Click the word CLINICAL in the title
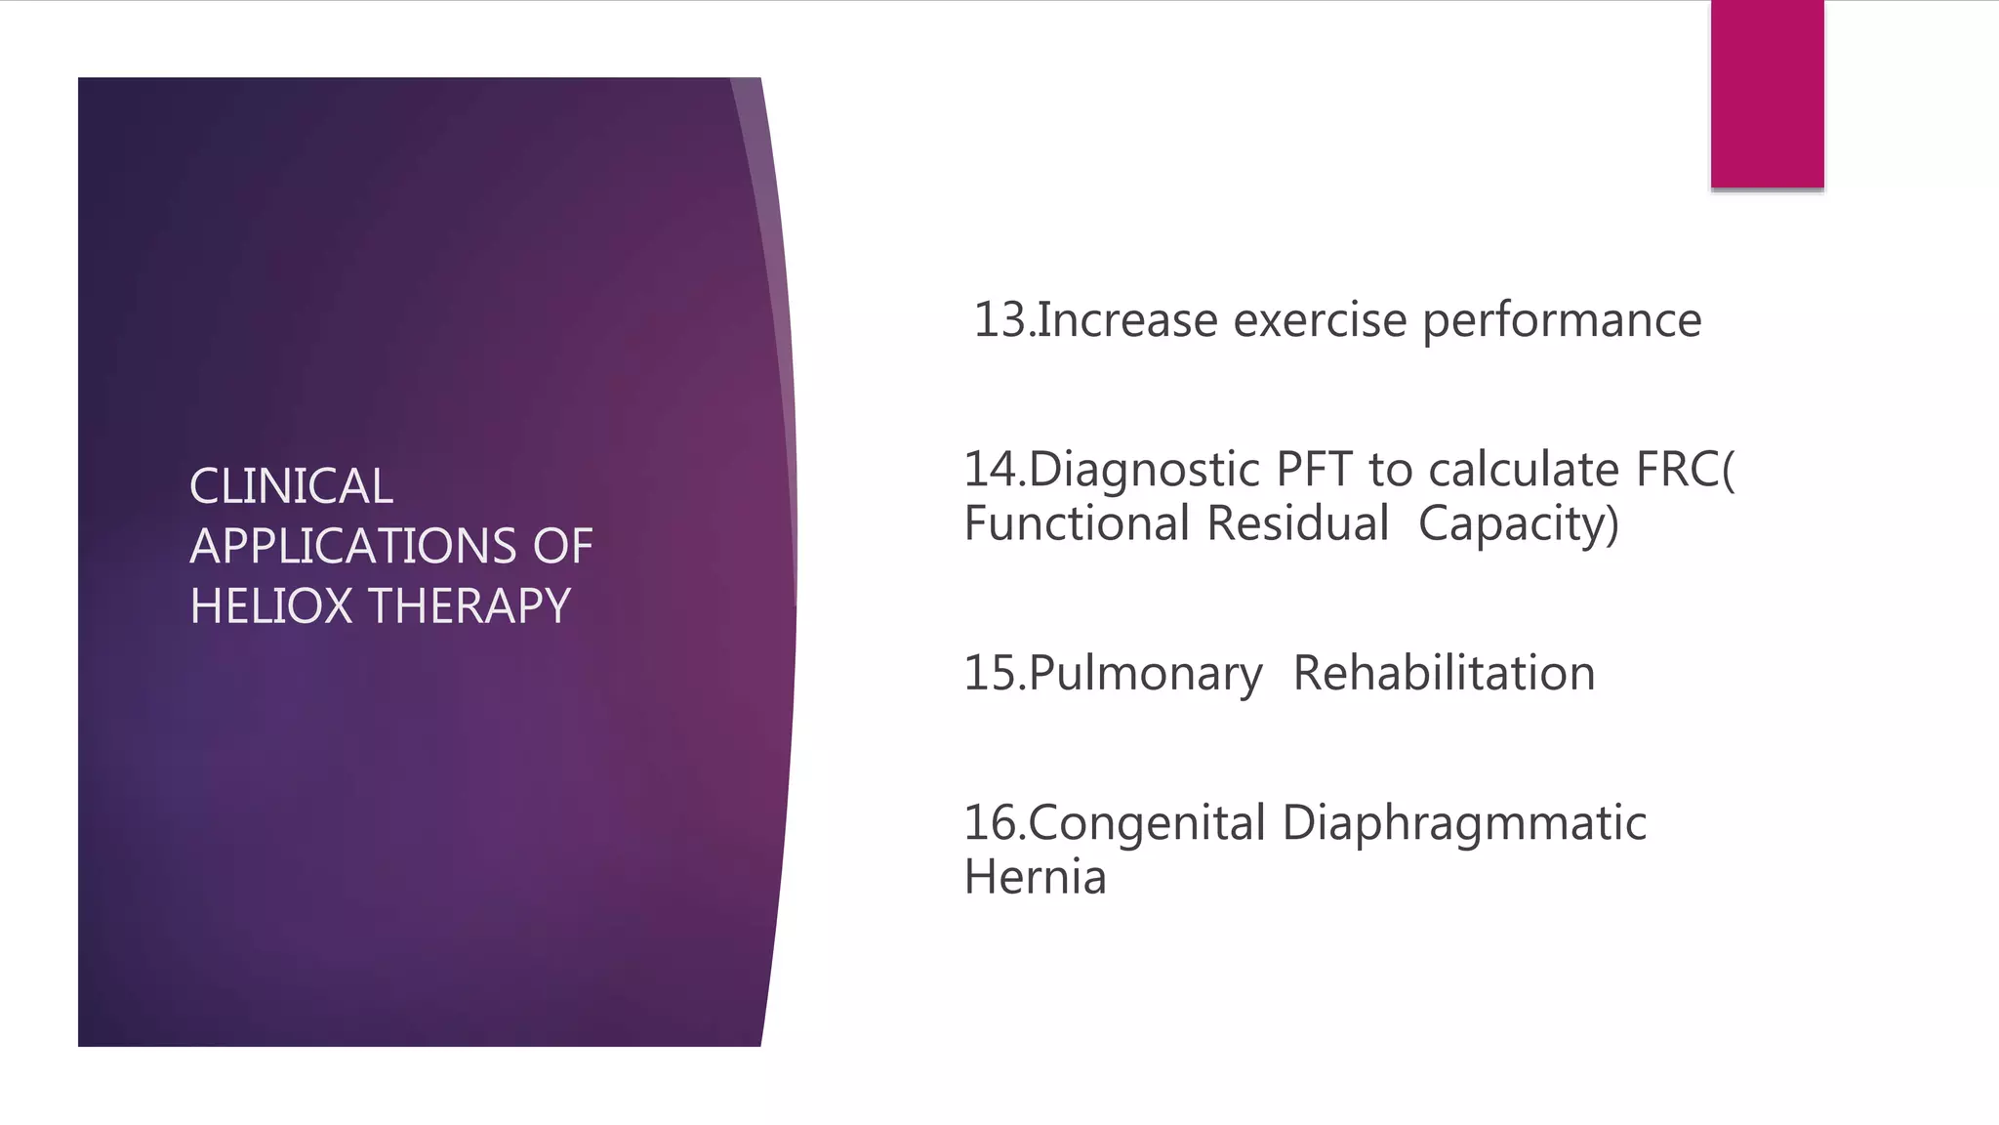point(291,486)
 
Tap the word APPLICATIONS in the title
point(352,546)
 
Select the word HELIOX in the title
point(270,606)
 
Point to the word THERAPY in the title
point(469,606)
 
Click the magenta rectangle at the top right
point(1767,94)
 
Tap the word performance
point(1562,320)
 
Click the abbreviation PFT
point(1315,470)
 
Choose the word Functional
point(1078,523)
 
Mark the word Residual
point(1297,523)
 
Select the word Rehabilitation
point(1444,674)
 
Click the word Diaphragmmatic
point(1463,823)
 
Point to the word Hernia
point(1035,877)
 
